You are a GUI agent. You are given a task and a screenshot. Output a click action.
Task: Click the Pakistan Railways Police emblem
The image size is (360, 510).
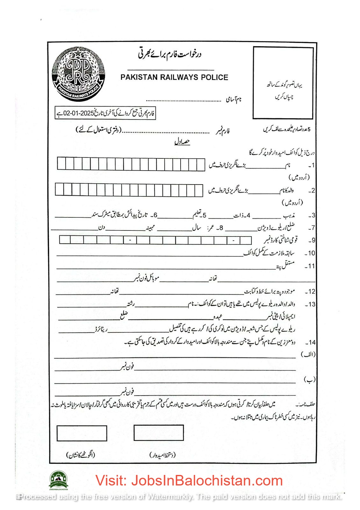pyautogui.click(x=78, y=74)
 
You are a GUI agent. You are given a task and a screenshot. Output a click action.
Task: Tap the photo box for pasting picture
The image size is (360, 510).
pyautogui.click(x=283, y=83)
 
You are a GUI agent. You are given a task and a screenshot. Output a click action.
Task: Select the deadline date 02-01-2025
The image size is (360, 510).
pyautogui.click(x=78, y=113)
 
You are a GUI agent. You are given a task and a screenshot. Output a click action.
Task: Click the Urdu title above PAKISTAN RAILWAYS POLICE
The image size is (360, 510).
pyautogui.click(x=169, y=54)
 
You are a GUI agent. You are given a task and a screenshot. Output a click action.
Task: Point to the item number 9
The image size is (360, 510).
pyautogui.click(x=312, y=240)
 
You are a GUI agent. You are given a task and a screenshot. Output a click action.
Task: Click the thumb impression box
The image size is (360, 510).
pyautogui.click(x=82, y=433)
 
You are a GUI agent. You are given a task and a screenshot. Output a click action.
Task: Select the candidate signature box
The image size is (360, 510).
pyautogui.click(x=159, y=433)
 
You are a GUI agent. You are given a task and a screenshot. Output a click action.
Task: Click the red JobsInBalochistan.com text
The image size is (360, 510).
pyautogui.click(x=189, y=481)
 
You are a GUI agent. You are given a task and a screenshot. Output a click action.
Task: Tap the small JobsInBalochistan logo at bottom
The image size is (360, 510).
pyautogui.click(x=58, y=480)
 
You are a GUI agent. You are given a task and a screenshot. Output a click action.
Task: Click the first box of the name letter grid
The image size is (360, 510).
pyautogui.click(x=61, y=164)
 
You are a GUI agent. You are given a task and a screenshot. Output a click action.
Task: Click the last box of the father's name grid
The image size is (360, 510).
pyautogui.click(x=199, y=190)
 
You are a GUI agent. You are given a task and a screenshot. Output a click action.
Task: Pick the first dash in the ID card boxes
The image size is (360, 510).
pyautogui.click(x=130, y=240)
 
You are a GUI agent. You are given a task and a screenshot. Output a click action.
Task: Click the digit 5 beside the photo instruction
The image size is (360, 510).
pyautogui.click(x=309, y=129)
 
